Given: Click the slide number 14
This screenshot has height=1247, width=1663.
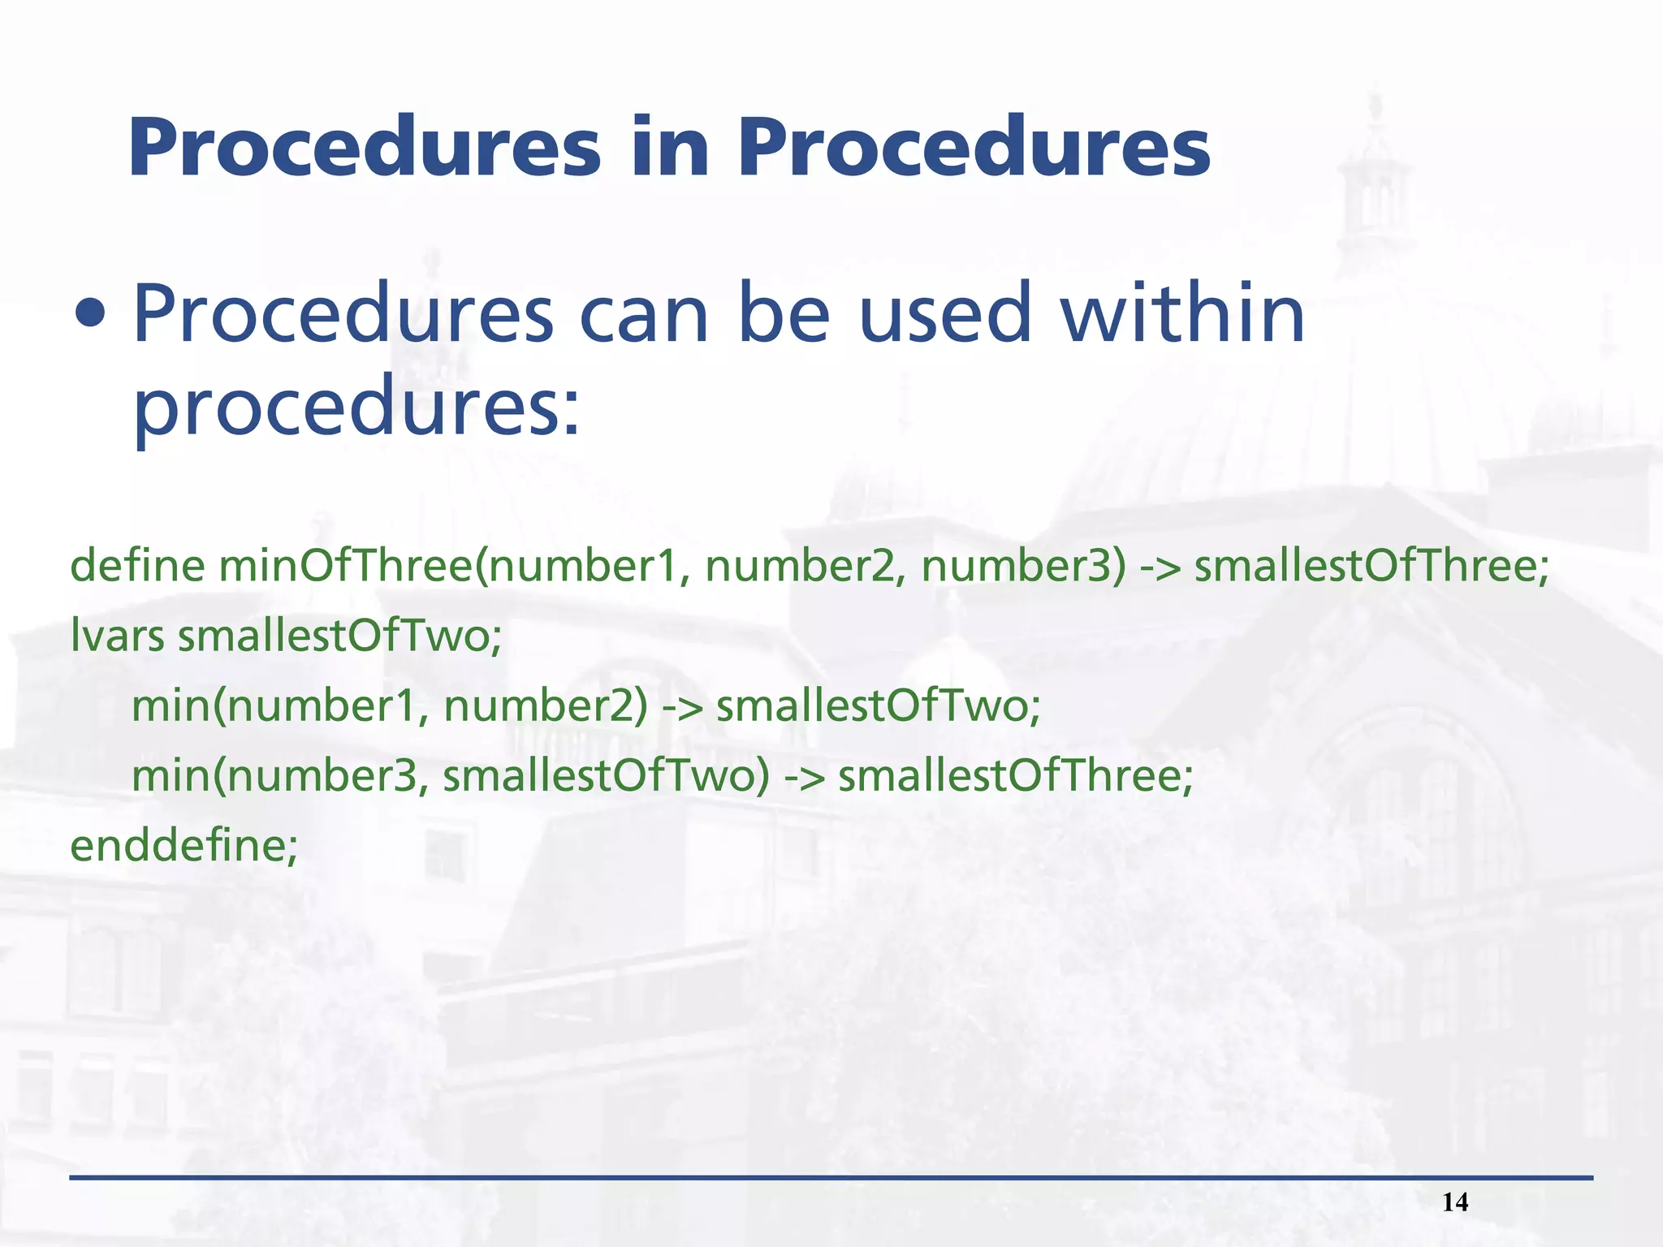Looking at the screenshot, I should tap(1455, 1202).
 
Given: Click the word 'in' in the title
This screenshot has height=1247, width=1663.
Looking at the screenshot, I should tap(669, 149).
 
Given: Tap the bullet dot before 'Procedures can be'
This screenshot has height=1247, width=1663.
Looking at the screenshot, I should tap(89, 314).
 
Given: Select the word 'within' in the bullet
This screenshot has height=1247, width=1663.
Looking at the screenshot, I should tap(1182, 314).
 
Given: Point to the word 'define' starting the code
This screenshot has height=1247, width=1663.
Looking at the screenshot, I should tap(137, 565).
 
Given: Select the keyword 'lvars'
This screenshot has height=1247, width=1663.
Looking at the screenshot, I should tap(118, 635).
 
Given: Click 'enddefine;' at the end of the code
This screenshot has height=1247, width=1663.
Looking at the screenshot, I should tap(184, 845).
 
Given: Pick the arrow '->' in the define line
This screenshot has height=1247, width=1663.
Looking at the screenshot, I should tap(1160, 567).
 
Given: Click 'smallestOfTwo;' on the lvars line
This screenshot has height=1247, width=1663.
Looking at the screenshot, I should tap(340, 635).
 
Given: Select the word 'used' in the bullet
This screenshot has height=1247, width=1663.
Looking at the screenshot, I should tap(944, 314).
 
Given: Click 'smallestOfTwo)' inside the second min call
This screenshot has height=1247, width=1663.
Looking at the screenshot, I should tap(606, 775).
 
